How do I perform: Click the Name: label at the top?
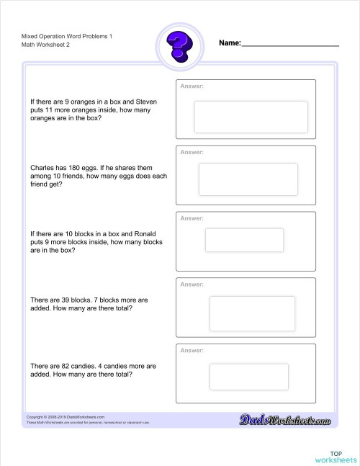[x=230, y=43]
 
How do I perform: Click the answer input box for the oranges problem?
[x=251, y=117]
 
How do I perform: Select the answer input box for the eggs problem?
[x=248, y=179]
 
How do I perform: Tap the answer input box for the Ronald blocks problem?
[x=244, y=240]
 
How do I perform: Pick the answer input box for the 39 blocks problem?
[x=252, y=313]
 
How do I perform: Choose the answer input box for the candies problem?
[x=248, y=377]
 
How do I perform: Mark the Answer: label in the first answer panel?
[x=192, y=86]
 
